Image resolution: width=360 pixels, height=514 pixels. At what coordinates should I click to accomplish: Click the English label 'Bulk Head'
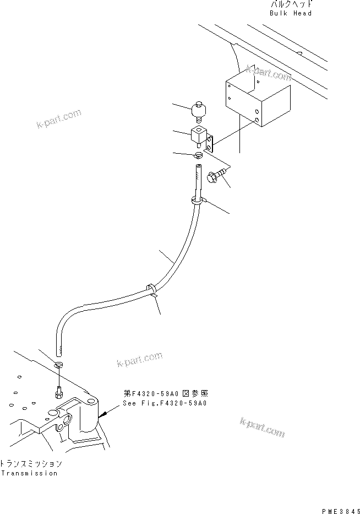tap(291, 13)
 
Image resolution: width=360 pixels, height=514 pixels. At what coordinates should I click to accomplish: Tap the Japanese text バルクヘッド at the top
tap(291, 4)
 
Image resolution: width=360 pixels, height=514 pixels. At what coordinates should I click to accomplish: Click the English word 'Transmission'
tap(29, 473)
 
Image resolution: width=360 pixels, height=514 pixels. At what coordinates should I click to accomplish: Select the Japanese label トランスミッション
tap(31, 464)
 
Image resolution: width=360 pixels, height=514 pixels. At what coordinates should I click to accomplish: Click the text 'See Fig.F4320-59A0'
tap(165, 403)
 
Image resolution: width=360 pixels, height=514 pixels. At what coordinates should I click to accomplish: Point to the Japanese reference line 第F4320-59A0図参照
tap(166, 394)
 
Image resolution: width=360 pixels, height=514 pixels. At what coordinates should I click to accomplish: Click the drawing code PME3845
tap(340, 509)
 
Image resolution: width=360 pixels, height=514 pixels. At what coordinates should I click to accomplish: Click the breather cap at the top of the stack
tap(198, 112)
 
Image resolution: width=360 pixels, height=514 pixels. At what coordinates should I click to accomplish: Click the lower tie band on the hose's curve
tap(151, 289)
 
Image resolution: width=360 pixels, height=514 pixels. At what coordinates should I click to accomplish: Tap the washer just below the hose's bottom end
tap(59, 365)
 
